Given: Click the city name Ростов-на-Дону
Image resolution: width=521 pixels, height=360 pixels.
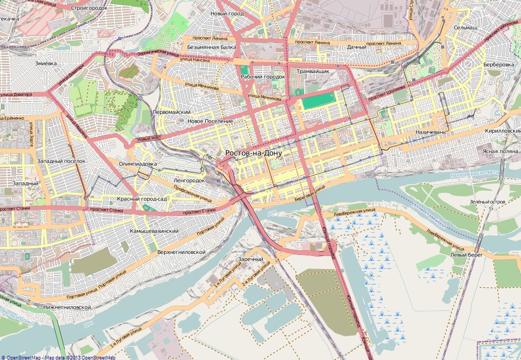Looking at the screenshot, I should [x=253, y=153].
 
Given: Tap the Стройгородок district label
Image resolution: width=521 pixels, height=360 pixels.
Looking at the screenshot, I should [x=89, y=8].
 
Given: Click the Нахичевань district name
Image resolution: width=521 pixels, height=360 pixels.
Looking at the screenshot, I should [x=431, y=133].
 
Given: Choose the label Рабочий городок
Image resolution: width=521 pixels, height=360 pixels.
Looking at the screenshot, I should [x=262, y=77].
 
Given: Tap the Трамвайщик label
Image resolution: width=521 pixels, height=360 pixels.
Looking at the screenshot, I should [x=312, y=71].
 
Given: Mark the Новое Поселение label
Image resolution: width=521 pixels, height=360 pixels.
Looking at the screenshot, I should [x=210, y=121].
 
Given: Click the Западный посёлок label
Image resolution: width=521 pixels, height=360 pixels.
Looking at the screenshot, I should [x=61, y=161].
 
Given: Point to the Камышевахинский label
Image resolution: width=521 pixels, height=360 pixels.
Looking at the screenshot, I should [x=154, y=230].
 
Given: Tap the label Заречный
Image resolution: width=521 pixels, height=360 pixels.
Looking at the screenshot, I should [x=250, y=259].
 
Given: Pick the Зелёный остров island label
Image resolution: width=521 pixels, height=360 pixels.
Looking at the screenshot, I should [x=487, y=201].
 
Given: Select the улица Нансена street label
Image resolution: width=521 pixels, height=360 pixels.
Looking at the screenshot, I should [x=194, y=60].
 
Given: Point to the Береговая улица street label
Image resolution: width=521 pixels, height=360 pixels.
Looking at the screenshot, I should [x=309, y=193].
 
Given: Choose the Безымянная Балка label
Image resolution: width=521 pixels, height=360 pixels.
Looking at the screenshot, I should [x=211, y=47].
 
